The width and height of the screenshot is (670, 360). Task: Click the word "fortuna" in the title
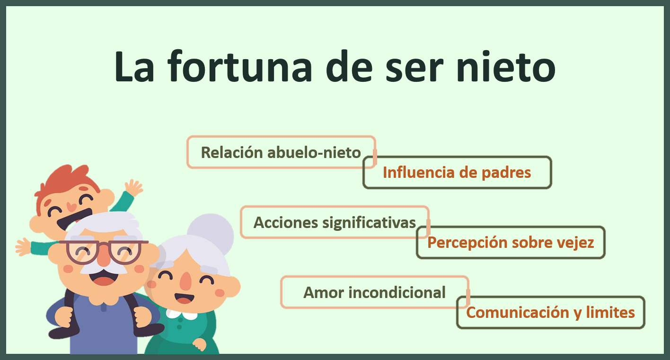pos(240,66)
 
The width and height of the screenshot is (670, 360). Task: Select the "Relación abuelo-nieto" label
pos(281,152)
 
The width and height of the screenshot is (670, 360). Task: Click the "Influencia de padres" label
pos(457,173)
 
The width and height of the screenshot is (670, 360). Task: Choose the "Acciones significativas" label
pos(335,222)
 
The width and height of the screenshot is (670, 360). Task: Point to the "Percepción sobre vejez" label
pos(510,243)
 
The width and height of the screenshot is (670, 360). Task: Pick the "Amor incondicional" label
pos(374,292)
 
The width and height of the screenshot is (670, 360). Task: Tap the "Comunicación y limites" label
pos(550,313)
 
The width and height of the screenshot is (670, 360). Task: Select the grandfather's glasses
pos(104,251)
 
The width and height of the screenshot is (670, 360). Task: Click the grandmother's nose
pos(186,281)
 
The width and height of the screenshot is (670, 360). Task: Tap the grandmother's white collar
pos(182,315)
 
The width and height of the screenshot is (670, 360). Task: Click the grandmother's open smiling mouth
pos(184,298)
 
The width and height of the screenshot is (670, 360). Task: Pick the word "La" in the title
pos(134,66)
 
